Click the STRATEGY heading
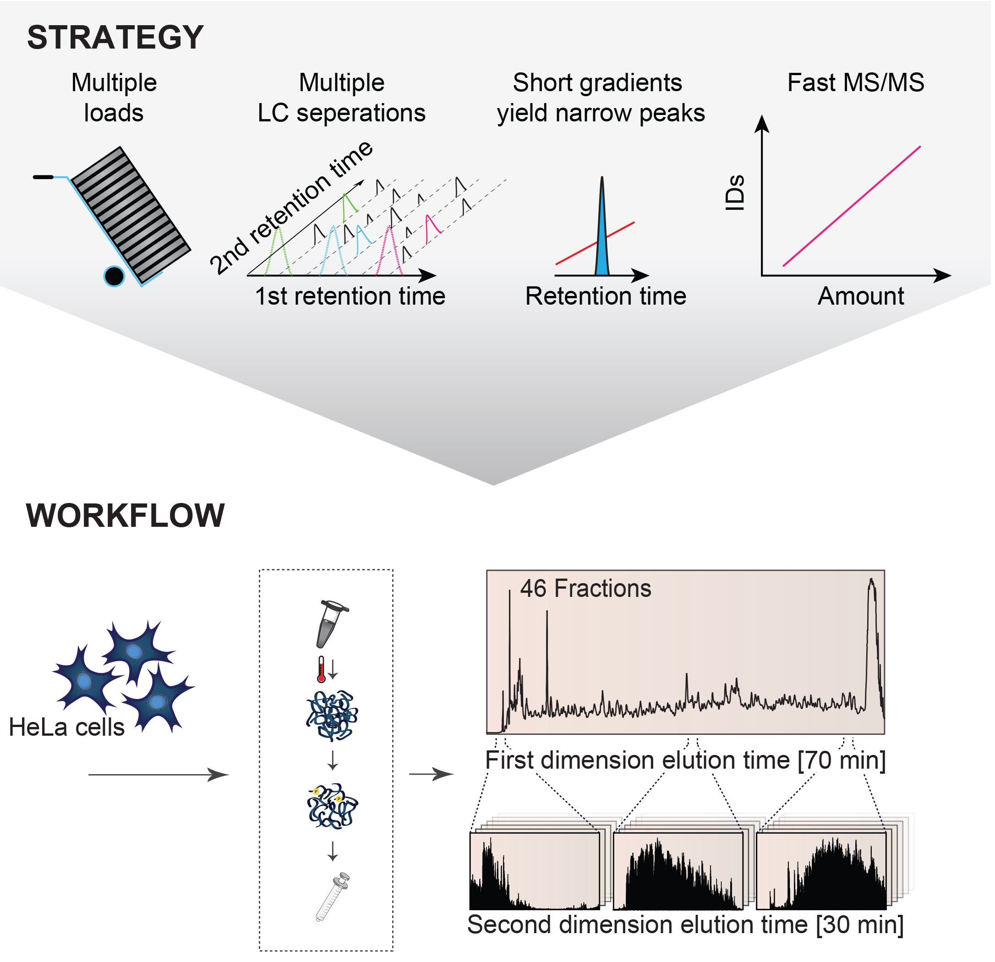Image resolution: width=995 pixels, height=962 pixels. (x=115, y=38)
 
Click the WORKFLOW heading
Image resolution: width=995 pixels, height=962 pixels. (x=126, y=516)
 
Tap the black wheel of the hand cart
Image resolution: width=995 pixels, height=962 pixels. (x=114, y=277)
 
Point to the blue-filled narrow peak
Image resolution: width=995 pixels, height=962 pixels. (x=602, y=244)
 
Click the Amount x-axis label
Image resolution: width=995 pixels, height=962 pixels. (x=862, y=296)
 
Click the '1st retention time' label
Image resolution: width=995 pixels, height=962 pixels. (x=350, y=296)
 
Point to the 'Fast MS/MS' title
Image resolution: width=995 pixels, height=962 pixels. (x=856, y=83)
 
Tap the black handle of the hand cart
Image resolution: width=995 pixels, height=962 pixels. (x=43, y=177)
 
